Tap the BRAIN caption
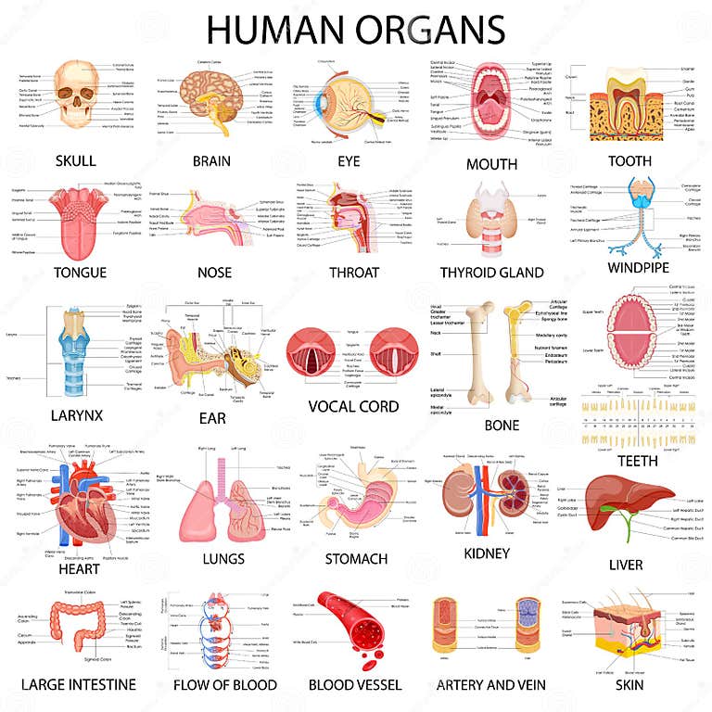(x=211, y=160)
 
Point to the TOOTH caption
(x=629, y=160)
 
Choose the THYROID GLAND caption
(x=491, y=273)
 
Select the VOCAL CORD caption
(x=353, y=406)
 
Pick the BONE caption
(x=502, y=426)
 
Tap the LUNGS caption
(x=223, y=558)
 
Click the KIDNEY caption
(x=487, y=553)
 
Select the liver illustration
(x=625, y=501)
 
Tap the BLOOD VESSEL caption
(x=355, y=684)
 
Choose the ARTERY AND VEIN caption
(x=490, y=684)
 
